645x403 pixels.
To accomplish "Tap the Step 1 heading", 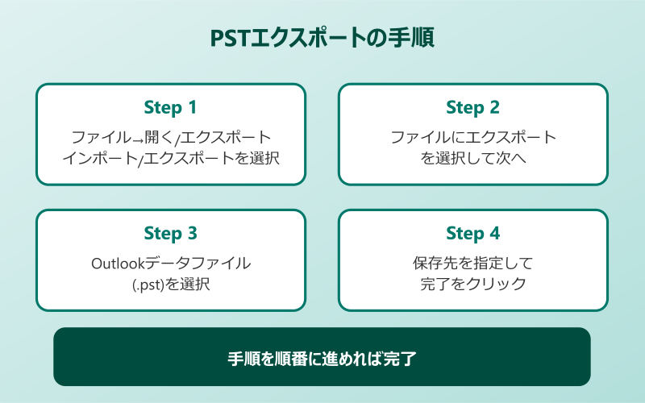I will (x=170, y=107).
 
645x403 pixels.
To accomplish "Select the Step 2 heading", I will (x=472, y=107).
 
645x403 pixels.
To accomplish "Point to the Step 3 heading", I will (x=170, y=233).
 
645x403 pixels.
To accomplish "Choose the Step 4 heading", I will (x=472, y=233).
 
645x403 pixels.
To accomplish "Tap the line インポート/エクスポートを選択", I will (x=170, y=158).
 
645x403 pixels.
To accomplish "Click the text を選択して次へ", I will (x=472, y=158).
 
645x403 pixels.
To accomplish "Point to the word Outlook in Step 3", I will (x=118, y=263).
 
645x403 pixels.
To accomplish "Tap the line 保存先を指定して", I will (x=472, y=263).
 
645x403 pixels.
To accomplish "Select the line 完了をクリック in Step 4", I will (x=472, y=284).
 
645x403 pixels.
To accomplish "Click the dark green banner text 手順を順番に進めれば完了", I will (x=322, y=357).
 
